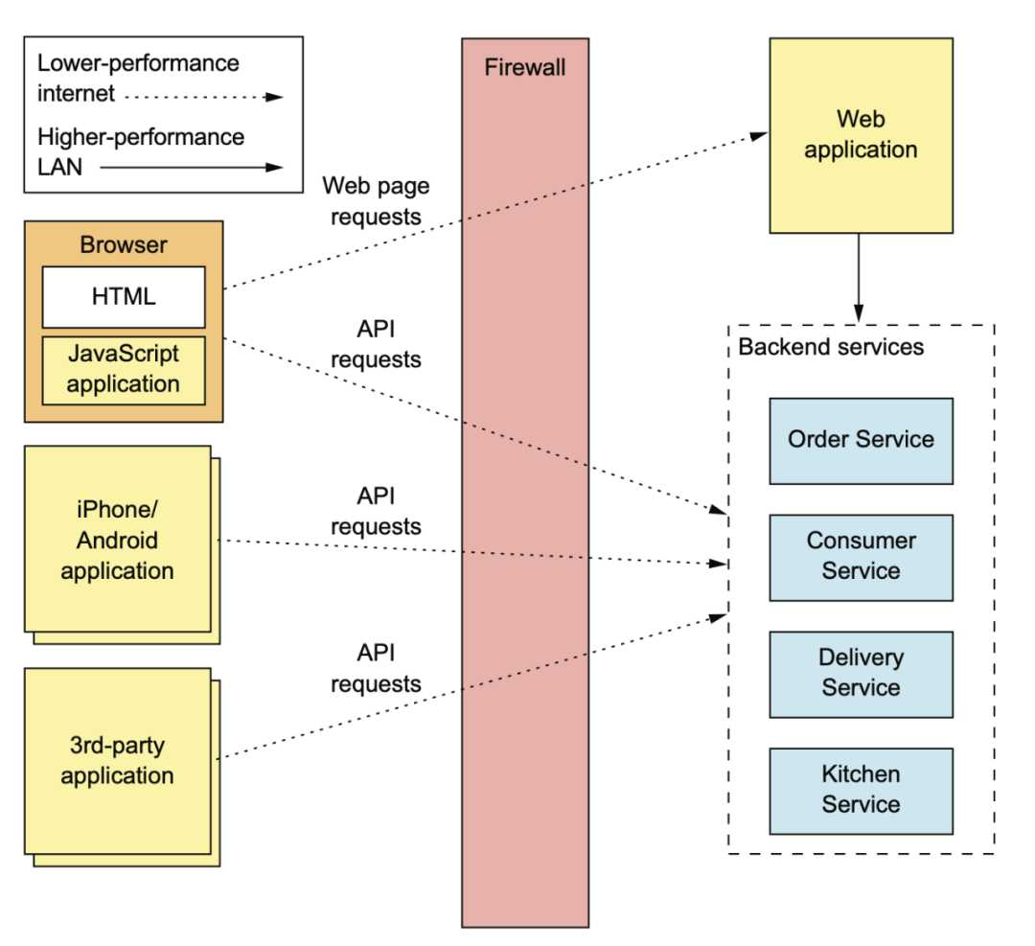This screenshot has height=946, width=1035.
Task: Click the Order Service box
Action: pyautogui.click(x=861, y=441)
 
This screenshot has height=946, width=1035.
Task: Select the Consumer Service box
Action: pyautogui.click(x=861, y=558)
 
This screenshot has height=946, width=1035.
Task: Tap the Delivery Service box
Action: pyautogui.click(x=861, y=675)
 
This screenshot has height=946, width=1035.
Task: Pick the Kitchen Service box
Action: pyautogui.click(x=861, y=792)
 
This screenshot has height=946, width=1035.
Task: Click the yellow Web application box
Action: pyautogui.click(x=861, y=135)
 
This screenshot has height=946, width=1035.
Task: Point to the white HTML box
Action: pyautogui.click(x=124, y=297)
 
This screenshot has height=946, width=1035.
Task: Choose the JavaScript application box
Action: pyautogui.click(x=124, y=370)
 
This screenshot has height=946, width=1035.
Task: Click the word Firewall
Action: pyautogui.click(x=525, y=67)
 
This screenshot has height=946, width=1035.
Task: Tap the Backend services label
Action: pyautogui.click(x=830, y=347)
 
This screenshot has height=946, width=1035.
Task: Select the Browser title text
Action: pyautogui.click(x=124, y=245)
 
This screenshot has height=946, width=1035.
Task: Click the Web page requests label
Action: pyautogui.click(x=376, y=201)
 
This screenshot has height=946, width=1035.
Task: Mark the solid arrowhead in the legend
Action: pyautogui.click(x=275, y=168)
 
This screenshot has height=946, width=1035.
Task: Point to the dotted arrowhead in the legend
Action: pyautogui.click(x=275, y=97)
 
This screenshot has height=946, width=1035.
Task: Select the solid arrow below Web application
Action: pyautogui.click(x=858, y=278)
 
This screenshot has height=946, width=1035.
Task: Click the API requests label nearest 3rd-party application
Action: pyautogui.click(x=376, y=668)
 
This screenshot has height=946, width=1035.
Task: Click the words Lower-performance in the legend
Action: pyautogui.click(x=138, y=62)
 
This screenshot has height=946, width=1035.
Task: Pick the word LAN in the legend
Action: pyautogui.click(x=60, y=167)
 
